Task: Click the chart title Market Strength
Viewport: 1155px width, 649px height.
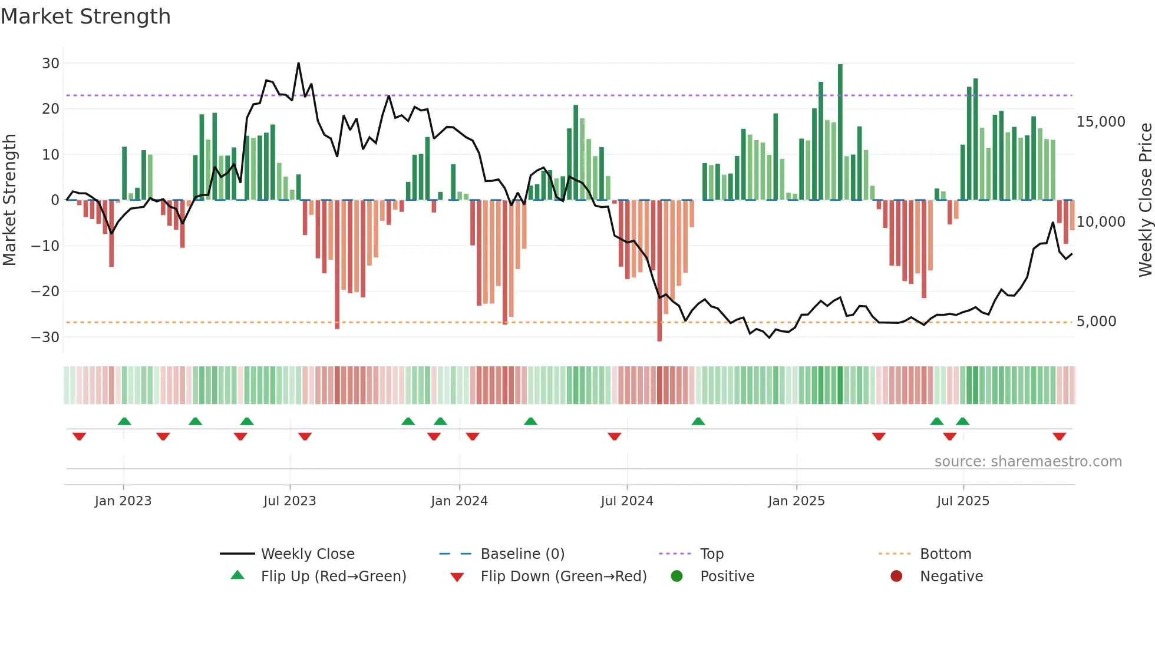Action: pyautogui.click(x=85, y=16)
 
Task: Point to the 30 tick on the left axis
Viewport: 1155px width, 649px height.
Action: pyautogui.click(x=51, y=64)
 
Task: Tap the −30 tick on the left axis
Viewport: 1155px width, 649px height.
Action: pyautogui.click(x=45, y=337)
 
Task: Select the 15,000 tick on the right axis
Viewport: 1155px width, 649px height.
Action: pyautogui.click(x=1100, y=122)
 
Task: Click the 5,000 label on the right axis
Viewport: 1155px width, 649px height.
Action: pyautogui.click(x=1096, y=322)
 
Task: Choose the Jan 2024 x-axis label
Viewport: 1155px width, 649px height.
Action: pyautogui.click(x=459, y=501)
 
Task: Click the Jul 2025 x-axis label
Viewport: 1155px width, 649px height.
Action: pyautogui.click(x=963, y=501)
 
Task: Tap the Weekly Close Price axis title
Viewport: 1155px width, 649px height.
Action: pyautogui.click(x=1145, y=200)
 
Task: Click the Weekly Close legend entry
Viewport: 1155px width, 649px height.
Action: pyautogui.click(x=308, y=554)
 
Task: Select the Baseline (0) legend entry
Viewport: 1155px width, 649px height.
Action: pyautogui.click(x=522, y=554)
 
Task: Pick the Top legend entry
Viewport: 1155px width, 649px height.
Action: pyautogui.click(x=711, y=554)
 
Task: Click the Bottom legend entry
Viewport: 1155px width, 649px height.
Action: pyautogui.click(x=945, y=554)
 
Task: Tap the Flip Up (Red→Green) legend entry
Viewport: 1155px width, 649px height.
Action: pyautogui.click(x=334, y=577)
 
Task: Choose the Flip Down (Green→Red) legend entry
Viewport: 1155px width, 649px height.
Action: pyautogui.click(x=563, y=577)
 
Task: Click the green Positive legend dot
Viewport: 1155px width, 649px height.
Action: pyautogui.click(x=676, y=577)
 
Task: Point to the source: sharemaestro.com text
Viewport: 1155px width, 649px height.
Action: pyautogui.click(x=1028, y=462)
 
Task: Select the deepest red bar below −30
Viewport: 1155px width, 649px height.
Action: pyautogui.click(x=659, y=271)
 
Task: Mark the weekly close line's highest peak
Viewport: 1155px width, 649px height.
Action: pyautogui.click(x=298, y=63)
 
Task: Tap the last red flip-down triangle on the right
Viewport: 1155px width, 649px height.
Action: pyautogui.click(x=1059, y=436)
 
